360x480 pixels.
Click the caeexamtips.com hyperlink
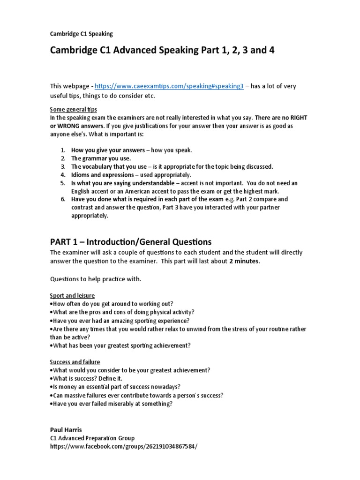[169, 87]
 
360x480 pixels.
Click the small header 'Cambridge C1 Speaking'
[81, 34]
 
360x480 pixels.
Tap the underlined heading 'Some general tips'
[74, 109]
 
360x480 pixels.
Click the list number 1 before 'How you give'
[63, 150]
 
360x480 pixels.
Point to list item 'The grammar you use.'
[101, 158]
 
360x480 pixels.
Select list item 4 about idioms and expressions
[124, 175]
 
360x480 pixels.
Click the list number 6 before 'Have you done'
[63, 200]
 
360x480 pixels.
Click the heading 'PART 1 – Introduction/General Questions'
[131, 242]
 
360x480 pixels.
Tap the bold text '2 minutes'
[244, 262]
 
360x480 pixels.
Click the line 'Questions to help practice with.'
[95, 279]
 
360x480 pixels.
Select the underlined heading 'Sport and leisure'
[72, 296]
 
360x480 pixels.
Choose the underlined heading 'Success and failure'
[75, 362]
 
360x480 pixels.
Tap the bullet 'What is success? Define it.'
[89, 379]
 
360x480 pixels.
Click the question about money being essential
[115, 387]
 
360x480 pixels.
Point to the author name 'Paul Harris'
[67, 429]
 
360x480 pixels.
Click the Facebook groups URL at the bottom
[124, 446]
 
